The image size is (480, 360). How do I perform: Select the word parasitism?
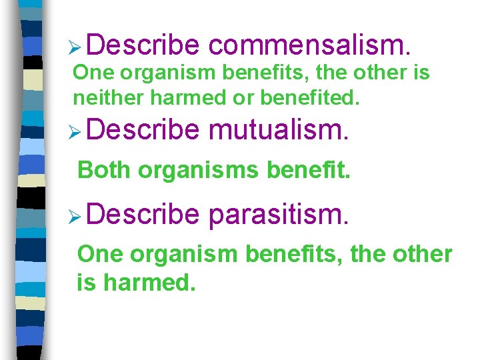point(278,215)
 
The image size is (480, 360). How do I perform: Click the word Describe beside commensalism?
point(142,45)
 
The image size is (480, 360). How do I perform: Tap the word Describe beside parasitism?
point(142,215)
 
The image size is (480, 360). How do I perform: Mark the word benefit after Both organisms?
point(307,170)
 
